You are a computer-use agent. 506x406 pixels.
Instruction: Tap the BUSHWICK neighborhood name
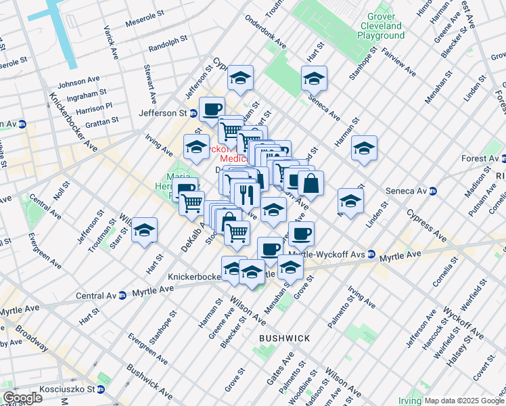pyautogui.click(x=285, y=338)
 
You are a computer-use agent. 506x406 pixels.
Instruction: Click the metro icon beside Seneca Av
pyautogui.click(x=434, y=191)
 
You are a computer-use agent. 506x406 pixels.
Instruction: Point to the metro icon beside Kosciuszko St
pyautogui.click(x=101, y=389)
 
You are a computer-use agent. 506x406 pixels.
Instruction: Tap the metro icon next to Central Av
pyautogui.click(x=122, y=296)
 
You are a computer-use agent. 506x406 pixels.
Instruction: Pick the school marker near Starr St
pyautogui.click(x=144, y=230)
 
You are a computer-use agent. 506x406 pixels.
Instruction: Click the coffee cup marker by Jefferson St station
pyautogui.click(x=212, y=109)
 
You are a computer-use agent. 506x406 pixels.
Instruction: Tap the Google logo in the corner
pyautogui.click(x=22, y=398)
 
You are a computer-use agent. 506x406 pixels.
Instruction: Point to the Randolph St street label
pyautogui.click(x=166, y=45)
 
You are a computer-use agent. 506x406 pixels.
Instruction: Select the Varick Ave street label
pyautogui.click(x=110, y=42)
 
